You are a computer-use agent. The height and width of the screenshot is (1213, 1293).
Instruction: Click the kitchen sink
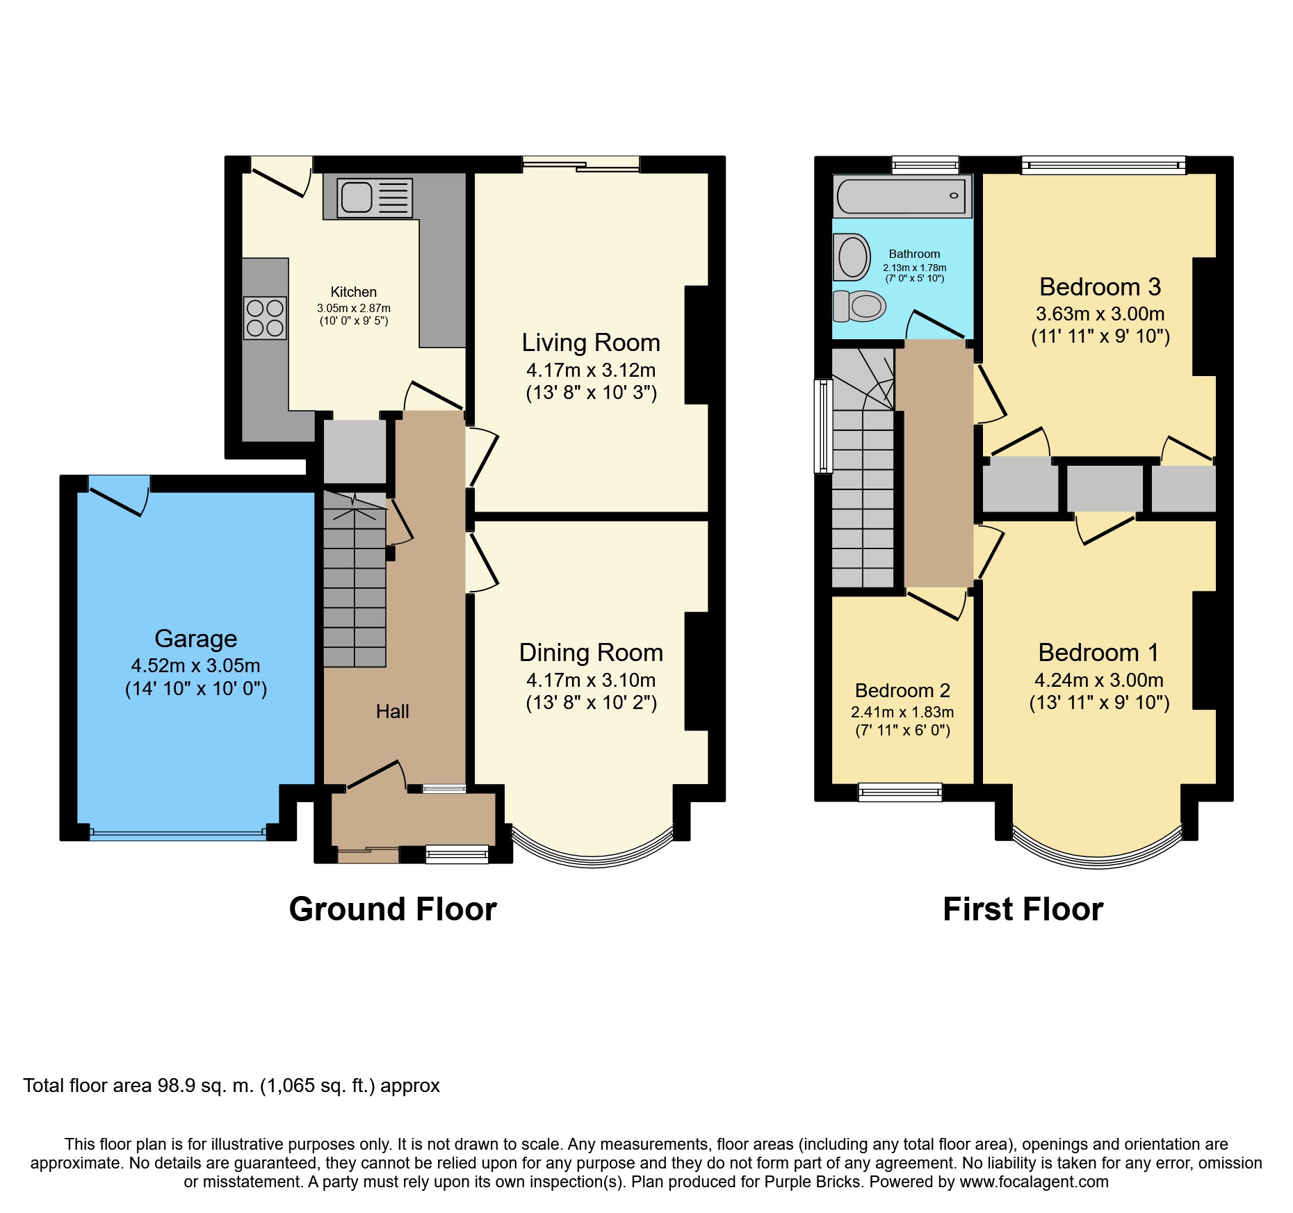[375, 197]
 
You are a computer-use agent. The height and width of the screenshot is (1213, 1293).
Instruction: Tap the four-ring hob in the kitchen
[265, 318]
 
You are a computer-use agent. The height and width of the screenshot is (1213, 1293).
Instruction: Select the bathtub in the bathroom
[902, 196]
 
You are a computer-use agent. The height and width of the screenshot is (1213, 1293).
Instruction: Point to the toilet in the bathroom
[860, 306]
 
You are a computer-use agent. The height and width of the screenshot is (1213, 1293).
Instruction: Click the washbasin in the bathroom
[851, 257]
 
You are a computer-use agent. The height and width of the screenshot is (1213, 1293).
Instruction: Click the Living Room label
[591, 343]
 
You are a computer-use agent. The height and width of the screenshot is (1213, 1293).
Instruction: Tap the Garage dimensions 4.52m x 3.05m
[196, 665]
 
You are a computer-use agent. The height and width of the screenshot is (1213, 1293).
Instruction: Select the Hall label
[392, 711]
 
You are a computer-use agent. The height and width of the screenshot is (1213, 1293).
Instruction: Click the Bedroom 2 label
[902, 690]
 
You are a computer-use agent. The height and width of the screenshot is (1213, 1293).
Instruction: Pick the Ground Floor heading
[393, 909]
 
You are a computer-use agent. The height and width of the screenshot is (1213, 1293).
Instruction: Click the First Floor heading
[1023, 909]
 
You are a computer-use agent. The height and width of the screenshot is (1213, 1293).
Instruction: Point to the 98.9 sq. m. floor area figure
[206, 1086]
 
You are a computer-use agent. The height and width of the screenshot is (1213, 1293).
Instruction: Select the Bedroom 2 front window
[900, 792]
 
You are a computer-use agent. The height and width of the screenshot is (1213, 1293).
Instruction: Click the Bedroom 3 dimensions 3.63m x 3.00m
[1100, 314]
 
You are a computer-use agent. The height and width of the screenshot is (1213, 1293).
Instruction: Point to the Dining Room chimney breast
[697, 671]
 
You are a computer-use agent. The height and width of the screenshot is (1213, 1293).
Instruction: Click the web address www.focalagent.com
[1034, 1182]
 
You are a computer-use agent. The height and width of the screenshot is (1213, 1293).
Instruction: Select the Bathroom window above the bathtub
[925, 165]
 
